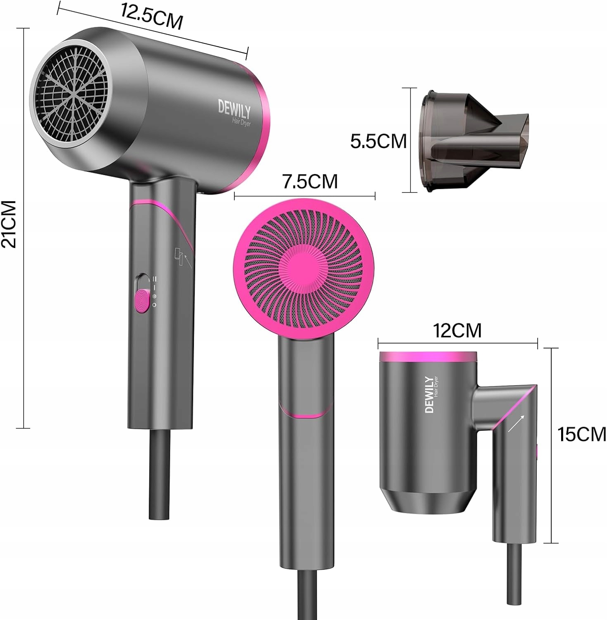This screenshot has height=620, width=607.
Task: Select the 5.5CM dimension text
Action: (378, 141)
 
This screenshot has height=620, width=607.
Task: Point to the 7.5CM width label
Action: (310, 181)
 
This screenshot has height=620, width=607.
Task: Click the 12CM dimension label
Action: (457, 330)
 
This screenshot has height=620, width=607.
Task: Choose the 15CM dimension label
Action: (582, 434)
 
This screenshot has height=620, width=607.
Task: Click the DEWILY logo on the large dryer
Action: (234, 110)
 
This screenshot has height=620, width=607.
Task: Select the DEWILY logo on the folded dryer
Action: (430, 394)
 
